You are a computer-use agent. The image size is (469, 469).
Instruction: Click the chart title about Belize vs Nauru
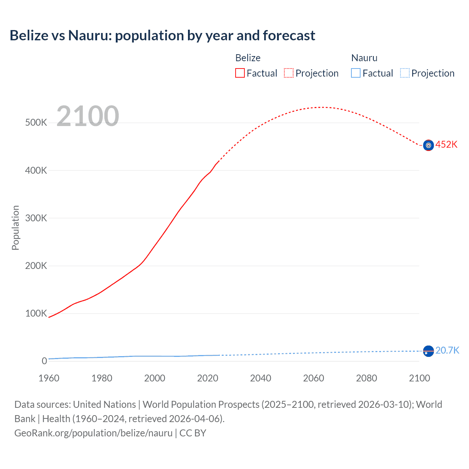(162, 36)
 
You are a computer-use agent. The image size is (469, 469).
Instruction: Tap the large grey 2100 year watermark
(88, 116)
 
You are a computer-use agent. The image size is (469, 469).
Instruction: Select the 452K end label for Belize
(446, 144)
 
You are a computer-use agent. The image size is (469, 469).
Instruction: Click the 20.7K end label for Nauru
(447, 350)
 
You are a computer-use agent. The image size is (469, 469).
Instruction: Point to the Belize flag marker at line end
(428, 145)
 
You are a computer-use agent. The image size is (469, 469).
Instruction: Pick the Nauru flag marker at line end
(428, 351)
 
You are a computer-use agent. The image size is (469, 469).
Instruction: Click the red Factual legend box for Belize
(240, 73)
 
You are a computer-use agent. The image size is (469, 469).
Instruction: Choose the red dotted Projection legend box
(289, 73)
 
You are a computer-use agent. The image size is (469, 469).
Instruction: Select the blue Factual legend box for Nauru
(355, 73)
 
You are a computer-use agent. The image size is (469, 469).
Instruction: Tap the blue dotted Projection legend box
(405, 73)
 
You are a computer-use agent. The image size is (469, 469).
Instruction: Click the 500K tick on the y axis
(36, 122)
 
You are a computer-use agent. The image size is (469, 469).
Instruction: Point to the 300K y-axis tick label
(36, 218)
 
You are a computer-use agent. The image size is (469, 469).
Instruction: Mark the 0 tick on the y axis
(44, 361)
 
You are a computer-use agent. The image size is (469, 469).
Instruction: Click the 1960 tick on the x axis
(49, 378)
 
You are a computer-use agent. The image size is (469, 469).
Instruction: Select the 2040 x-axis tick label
(261, 378)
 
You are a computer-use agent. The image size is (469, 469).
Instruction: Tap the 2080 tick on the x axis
(366, 378)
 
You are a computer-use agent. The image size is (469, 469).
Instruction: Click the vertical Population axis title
(15, 228)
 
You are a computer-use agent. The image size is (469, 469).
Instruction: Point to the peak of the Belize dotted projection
(322, 107)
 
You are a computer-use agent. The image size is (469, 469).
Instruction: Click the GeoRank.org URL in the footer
(93, 433)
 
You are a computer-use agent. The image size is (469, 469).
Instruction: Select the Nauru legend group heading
(364, 58)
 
